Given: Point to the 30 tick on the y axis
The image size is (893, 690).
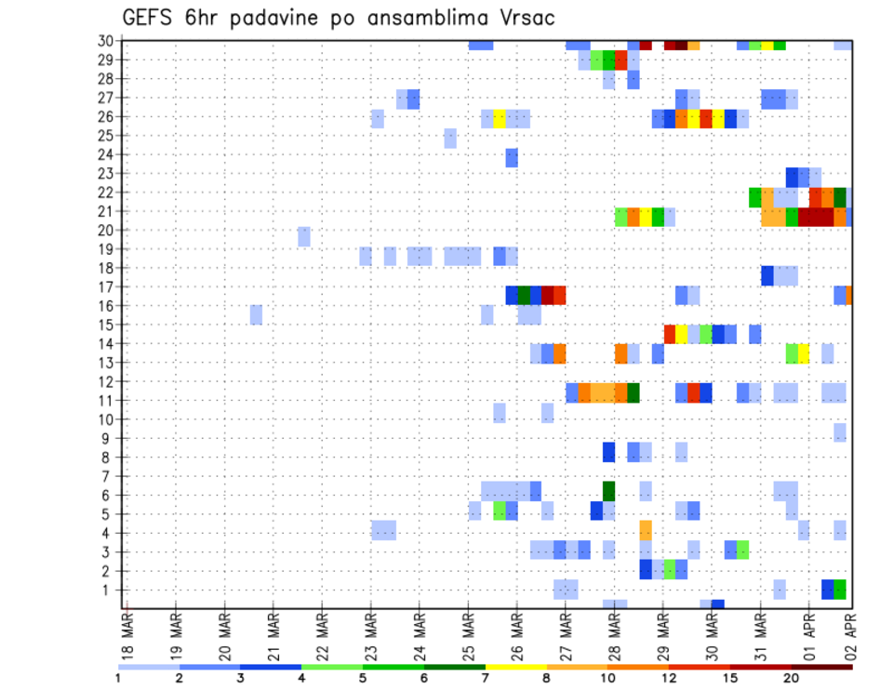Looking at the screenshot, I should pos(107,41).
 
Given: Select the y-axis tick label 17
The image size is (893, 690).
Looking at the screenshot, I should pos(107,286).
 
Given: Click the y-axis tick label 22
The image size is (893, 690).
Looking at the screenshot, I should pos(107,192).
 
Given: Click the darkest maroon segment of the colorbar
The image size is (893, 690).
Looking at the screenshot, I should pos(822,667).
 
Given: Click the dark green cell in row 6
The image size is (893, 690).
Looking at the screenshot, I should pos(609,490).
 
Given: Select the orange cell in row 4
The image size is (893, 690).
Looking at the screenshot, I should pos(646,528).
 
